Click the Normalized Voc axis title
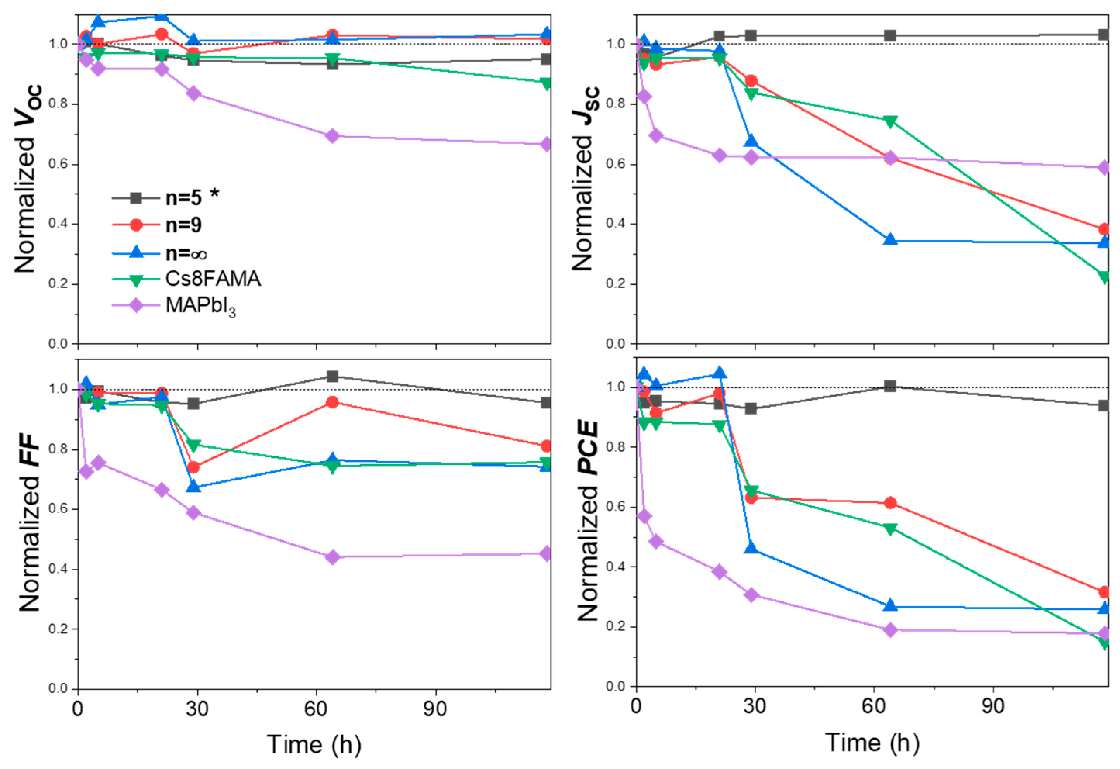(x=28, y=179)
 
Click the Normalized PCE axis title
(x=587, y=521)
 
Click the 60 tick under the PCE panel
(x=873, y=708)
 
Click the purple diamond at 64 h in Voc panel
(x=332, y=136)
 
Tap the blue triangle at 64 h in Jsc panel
(x=890, y=240)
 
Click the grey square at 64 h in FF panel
(x=332, y=376)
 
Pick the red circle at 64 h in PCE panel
(x=890, y=503)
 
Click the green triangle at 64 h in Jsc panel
(x=890, y=121)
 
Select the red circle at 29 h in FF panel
(x=194, y=467)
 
